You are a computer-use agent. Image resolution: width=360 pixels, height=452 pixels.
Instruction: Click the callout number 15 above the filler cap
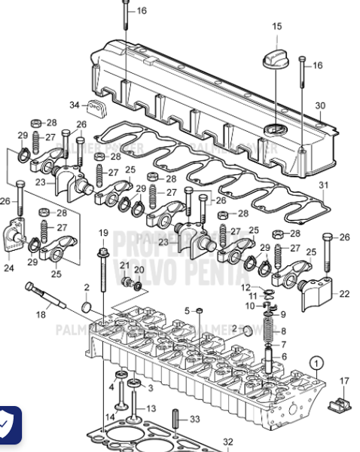pyautogui.click(x=276, y=26)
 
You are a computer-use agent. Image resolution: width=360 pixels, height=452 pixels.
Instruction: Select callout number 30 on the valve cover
pyautogui.click(x=320, y=105)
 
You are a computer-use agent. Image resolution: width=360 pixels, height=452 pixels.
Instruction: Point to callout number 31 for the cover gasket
pyautogui.click(x=324, y=185)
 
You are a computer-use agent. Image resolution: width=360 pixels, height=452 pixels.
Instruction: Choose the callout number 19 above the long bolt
pyautogui.click(x=103, y=233)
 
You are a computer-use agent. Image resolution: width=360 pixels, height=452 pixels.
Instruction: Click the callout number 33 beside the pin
pyautogui.click(x=194, y=420)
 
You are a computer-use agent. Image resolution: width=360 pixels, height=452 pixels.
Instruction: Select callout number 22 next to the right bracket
pyautogui.click(x=344, y=294)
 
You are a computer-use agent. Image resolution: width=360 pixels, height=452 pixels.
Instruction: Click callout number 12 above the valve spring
pyautogui.click(x=246, y=288)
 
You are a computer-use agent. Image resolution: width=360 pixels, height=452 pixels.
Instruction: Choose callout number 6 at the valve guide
pyautogui.click(x=283, y=356)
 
